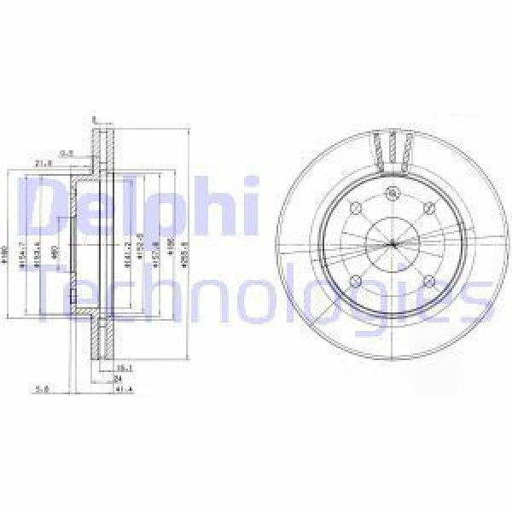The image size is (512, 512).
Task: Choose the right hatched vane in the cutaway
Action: pyautogui.click(x=409, y=150)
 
